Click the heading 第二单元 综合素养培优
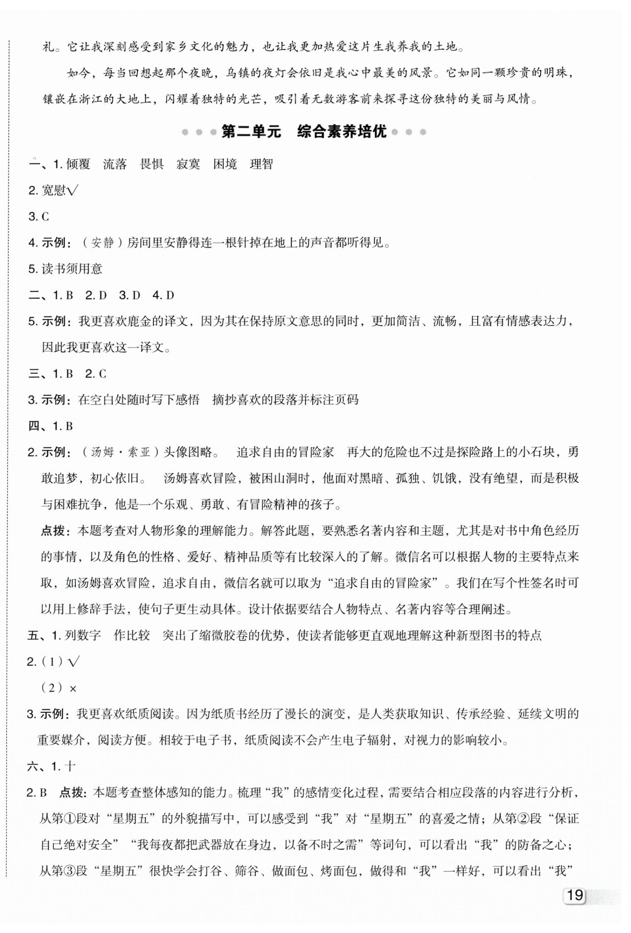click(304, 132)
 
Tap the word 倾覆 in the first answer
click(78, 164)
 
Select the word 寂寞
click(188, 164)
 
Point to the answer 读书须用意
click(72, 269)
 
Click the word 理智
click(261, 164)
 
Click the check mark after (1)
click(74, 662)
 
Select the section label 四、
click(39, 426)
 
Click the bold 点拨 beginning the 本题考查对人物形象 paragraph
click(53, 531)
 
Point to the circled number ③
click(69, 870)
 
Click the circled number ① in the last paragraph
click(69, 818)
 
